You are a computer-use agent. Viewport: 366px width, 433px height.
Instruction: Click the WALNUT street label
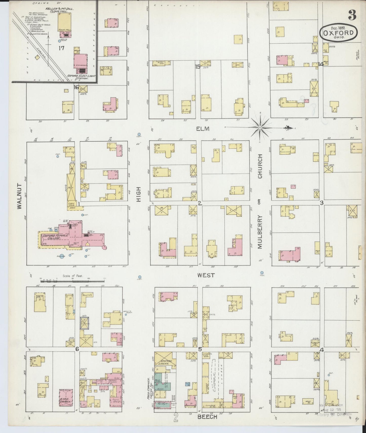click(x=20, y=196)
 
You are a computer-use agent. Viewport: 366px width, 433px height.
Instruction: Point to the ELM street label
click(x=203, y=129)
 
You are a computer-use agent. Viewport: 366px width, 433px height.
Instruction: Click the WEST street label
click(x=206, y=275)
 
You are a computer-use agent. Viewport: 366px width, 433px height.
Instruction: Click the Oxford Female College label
click(x=55, y=237)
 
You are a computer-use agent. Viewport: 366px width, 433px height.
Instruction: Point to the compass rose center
click(x=260, y=128)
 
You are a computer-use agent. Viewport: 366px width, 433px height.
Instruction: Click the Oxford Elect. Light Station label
click(x=78, y=77)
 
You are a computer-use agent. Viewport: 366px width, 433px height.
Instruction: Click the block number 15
click(x=197, y=67)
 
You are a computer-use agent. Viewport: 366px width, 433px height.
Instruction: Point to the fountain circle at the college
click(x=62, y=256)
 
